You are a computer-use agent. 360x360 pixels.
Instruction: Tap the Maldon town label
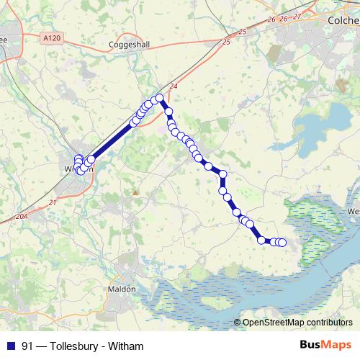point(122,289)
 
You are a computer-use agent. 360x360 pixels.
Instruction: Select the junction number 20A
point(21,215)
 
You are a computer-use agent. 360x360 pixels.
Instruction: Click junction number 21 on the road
point(52,203)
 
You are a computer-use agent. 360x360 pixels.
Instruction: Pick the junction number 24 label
point(173,87)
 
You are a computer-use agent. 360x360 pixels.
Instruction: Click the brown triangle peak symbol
point(135,192)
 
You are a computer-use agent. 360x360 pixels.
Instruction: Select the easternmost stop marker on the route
point(282,243)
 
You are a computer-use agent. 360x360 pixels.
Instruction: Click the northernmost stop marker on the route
point(159,97)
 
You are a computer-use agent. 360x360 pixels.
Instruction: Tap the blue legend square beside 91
point(10,346)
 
